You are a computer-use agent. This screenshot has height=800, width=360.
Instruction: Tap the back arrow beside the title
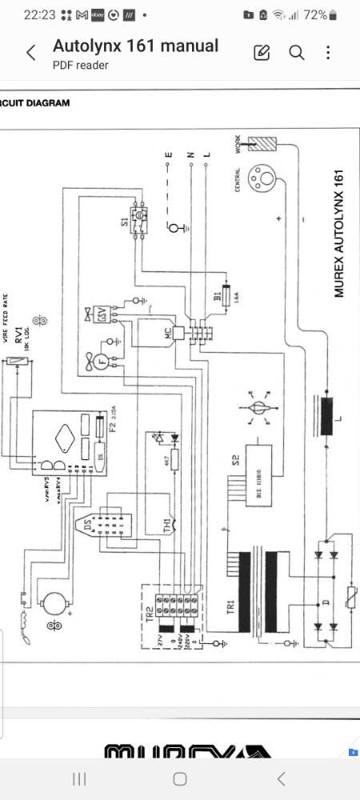[x=31, y=54]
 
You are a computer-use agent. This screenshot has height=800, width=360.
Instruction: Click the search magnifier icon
[x=297, y=53]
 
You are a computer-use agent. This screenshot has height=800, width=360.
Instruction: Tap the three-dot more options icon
[x=329, y=53]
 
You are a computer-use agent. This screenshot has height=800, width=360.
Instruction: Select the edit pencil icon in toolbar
[x=262, y=53]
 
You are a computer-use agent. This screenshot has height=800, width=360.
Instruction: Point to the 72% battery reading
[x=315, y=14]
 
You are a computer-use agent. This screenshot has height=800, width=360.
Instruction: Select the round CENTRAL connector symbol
[x=262, y=178]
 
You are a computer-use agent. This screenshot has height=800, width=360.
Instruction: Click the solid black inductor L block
[x=326, y=414]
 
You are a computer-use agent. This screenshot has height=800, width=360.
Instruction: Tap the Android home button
[x=180, y=778]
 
